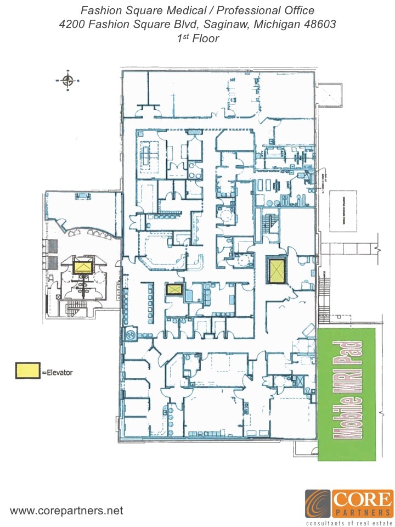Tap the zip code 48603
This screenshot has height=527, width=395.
click(319, 24)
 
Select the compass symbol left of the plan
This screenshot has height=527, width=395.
click(68, 81)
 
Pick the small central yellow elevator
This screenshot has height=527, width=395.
click(174, 289)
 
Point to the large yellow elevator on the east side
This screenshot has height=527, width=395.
click(276, 270)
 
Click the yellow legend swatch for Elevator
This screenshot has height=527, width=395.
click(27, 371)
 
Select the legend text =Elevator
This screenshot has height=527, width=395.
click(57, 372)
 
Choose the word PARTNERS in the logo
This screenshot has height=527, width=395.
click(363, 513)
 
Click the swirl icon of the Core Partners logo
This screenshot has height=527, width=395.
click(318, 503)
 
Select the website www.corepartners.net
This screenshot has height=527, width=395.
click(66, 511)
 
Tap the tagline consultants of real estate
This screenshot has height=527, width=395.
click(349, 523)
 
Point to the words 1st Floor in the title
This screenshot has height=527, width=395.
click(198, 38)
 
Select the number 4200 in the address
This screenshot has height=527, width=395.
click(72, 24)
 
